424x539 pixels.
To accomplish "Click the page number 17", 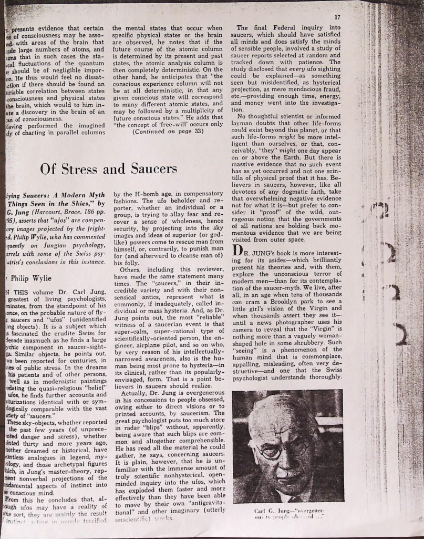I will pos(337,17).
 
